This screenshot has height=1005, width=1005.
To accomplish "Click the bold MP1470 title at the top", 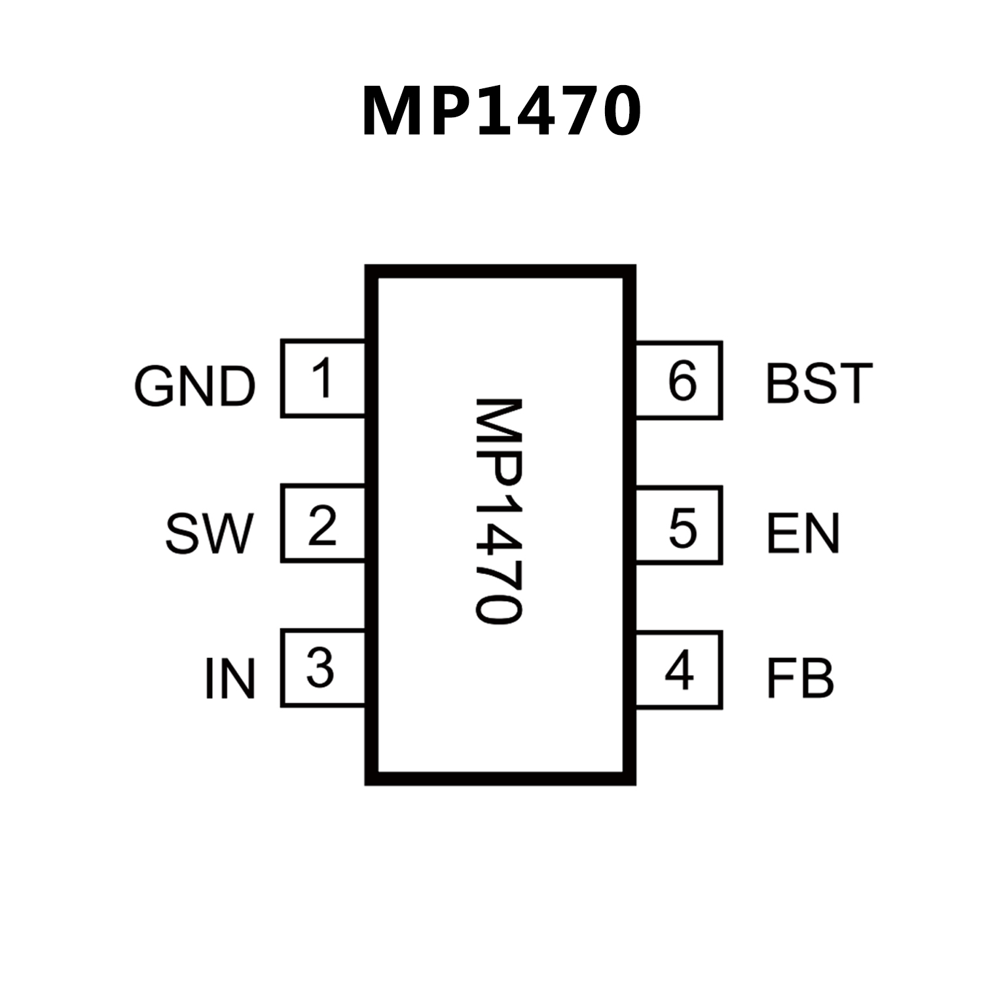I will tap(502, 111).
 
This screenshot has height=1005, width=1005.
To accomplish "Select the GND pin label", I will tap(194, 386).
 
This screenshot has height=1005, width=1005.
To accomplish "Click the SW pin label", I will tap(208, 533).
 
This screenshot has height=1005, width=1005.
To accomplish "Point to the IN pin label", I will tap(229, 679).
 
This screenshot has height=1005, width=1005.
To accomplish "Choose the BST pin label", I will tap(819, 383).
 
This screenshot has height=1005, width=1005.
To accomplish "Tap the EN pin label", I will tap(803, 533).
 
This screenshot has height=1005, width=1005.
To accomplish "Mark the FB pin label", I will tap(800, 679).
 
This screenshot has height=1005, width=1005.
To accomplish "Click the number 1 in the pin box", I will tap(322, 378).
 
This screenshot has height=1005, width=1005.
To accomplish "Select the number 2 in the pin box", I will tap(322, 524).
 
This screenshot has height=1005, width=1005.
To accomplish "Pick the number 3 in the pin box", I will tap(321, 668).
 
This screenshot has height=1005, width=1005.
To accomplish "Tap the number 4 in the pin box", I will tap(680, 670).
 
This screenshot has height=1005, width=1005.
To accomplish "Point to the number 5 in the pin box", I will tap(682, 528).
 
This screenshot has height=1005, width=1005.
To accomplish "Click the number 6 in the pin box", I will tap(682, 381).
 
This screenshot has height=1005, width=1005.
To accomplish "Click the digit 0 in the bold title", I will tap(613, 112).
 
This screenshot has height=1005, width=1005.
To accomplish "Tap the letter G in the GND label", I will tap(155, 386).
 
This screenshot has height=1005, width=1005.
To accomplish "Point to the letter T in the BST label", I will tap(854, 383).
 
